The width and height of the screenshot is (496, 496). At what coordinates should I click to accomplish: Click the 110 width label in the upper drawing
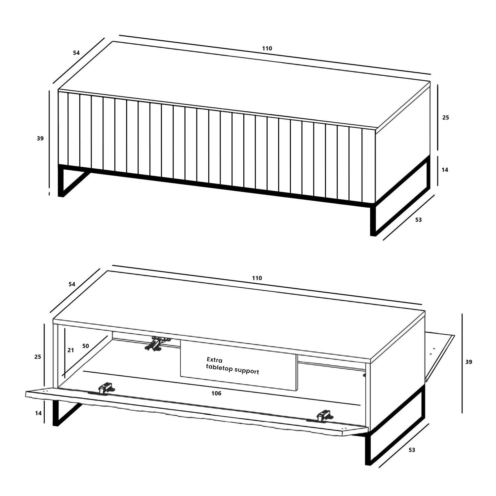[x=267, y=49]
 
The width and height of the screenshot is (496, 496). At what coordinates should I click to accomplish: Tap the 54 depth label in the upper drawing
[x=76, y=53]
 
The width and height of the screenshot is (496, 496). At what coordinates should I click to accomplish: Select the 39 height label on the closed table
[x=40, y=139]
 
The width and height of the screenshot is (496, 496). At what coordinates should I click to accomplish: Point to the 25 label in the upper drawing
[x=446, y=117]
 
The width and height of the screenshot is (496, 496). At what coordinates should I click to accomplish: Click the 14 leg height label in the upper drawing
[x=445, y=170]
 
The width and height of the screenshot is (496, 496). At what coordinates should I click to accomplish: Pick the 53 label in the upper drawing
[x=418, y=220]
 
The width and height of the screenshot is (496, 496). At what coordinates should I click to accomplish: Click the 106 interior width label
[x=216, y=393]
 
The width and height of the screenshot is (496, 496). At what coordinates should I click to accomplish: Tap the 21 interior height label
[x=71, y=350]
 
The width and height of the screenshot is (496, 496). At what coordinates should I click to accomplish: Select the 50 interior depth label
[x=86, y=346]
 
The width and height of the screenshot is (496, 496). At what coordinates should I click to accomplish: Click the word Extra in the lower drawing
[x=215, y=360]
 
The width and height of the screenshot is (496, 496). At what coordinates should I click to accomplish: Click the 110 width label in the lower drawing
[x=257, y=278]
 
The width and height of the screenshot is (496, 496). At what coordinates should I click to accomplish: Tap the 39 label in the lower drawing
[x=469, y=362]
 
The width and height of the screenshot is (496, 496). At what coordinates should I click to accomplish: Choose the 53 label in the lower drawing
[x=412, y=450]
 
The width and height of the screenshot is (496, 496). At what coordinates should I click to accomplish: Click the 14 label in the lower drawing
[x=38, y=413]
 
